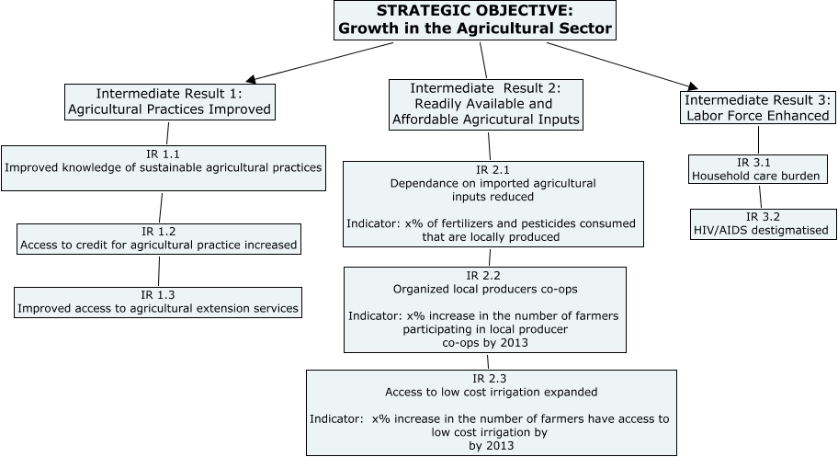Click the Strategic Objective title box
[474, 20]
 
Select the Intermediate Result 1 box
[169, 102]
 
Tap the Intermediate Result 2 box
[486, 103]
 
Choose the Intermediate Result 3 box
[759, 107]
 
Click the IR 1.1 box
[164, 167]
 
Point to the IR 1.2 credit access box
[158, 238]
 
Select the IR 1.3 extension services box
[157, 302]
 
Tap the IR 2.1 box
[493, 204]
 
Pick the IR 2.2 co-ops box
[484, 310]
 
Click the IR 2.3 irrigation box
[491, 412]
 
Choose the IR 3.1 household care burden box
[754, 168]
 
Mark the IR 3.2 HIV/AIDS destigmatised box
[760, 223]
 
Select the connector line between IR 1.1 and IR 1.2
[161, 207]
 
